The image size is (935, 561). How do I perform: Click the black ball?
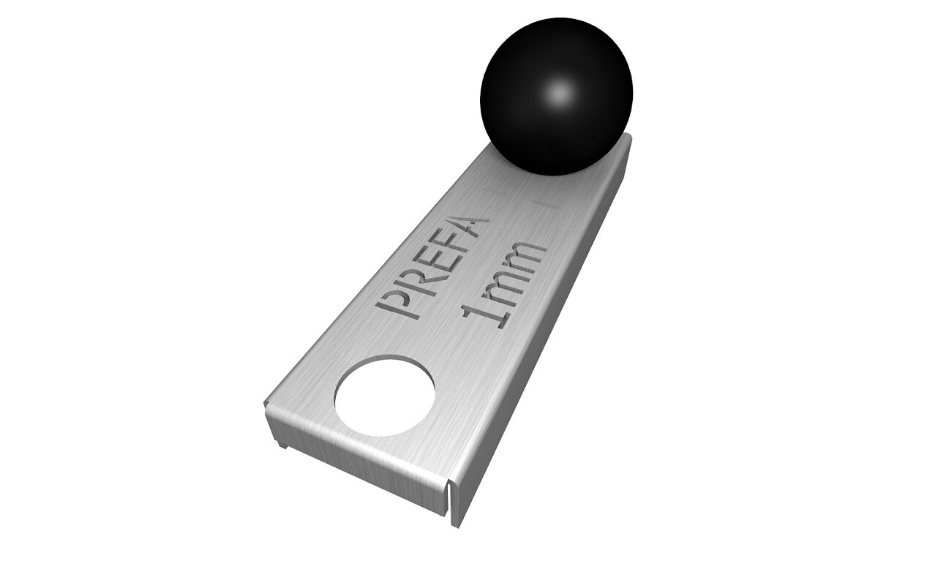click(557, 97)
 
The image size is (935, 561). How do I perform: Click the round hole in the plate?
click(385, 396)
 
